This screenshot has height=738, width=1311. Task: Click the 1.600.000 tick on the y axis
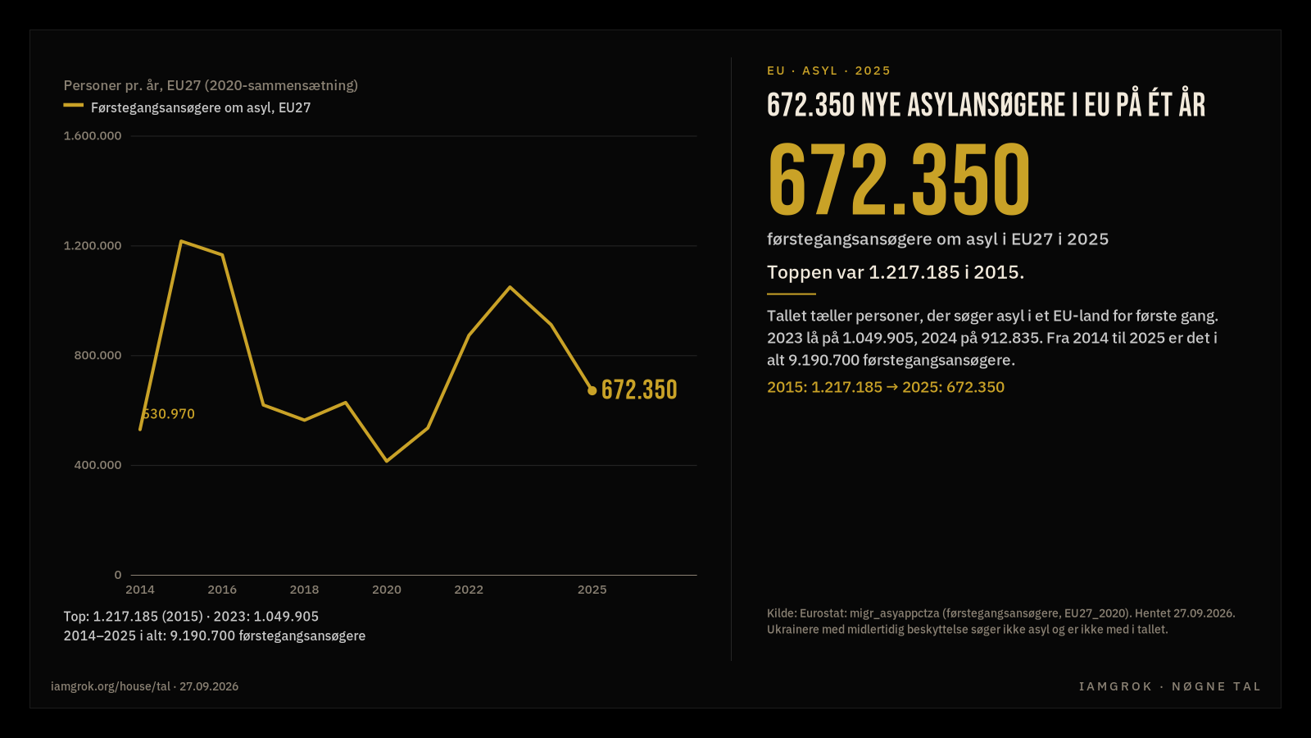click(93, 136)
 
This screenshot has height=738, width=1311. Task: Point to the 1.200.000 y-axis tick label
click(93, 245)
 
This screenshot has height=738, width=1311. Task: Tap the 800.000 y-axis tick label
click(98, 355)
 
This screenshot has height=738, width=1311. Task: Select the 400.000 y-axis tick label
click(98, 465)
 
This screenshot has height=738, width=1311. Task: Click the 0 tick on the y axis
click(118, 575)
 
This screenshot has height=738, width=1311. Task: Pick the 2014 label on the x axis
click(140, 590)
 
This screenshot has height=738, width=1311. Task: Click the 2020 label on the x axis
click(387, 590)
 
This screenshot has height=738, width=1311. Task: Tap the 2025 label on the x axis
click(592, 590)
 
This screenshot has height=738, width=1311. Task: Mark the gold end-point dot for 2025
click(592, 390)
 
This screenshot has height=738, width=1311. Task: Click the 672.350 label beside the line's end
click(639, 390)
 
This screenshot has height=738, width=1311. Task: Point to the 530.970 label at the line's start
click(168, 414)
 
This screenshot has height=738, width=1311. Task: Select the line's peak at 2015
click(181, 241)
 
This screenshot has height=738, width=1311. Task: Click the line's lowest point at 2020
click(387, 462)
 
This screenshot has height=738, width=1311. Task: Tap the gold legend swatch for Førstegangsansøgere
click(73, 106)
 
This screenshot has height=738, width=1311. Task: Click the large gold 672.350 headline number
click(899, 180)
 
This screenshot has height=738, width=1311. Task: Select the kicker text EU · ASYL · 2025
click(828, 71)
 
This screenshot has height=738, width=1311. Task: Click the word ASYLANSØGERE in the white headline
click(987, 106)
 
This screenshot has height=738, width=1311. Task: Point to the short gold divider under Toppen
click(792, 294)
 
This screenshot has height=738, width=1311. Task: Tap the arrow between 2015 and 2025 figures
click(892, 387)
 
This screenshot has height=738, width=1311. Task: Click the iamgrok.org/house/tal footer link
click(111, 686)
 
